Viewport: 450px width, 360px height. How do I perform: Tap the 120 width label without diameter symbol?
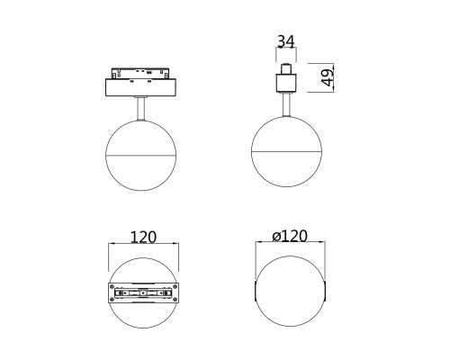click(x=143, y=237)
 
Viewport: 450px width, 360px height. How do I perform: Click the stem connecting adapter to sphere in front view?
click(x=142, y=108)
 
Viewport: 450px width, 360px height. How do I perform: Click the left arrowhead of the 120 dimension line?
click(x=112, y=246)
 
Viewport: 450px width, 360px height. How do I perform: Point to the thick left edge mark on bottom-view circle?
click(x=256, y=294)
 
